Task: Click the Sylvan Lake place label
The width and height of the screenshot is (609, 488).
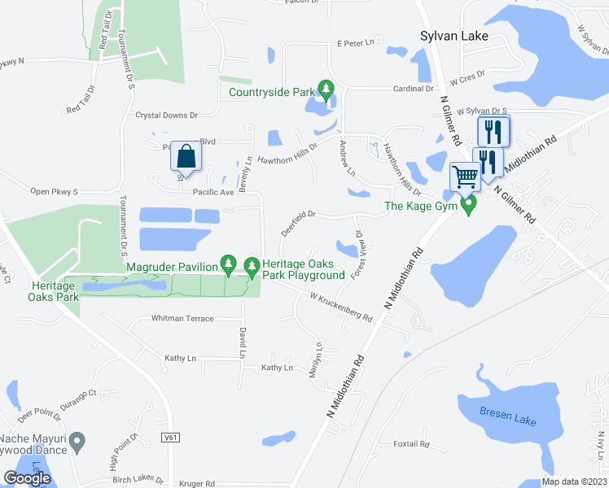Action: [454, 37]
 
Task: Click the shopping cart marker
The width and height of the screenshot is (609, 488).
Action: [465, 176]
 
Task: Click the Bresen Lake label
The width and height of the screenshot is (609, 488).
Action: [508, 417]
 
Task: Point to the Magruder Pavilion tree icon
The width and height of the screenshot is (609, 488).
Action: [229, 264]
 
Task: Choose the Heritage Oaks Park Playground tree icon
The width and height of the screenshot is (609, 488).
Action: [252, 264]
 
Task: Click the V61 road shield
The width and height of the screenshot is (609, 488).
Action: [170, 438]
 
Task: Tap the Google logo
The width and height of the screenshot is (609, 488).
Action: [28, 478]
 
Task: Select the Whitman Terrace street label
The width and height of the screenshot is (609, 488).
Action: [182, 319]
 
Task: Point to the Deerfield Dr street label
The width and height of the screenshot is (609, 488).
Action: [298, 222]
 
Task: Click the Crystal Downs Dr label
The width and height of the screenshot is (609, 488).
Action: [167, 116]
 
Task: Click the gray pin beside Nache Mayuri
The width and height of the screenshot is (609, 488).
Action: [77, 442]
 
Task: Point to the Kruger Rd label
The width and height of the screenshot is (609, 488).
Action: [199, 483]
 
